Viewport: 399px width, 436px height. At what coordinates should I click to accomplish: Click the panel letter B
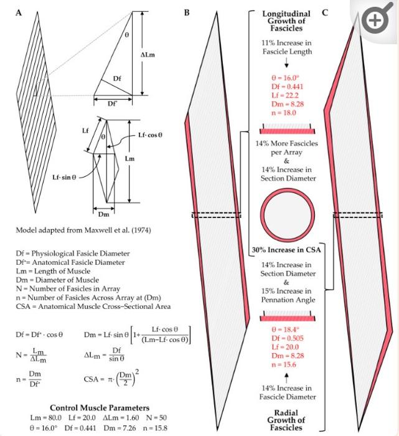click(187, 12)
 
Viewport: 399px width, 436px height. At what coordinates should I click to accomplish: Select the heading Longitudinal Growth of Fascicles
click(287, 21)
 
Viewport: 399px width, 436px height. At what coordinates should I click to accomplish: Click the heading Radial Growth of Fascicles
click(287, 420)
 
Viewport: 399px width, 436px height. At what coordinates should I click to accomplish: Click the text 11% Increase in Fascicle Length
click(287, 46)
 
